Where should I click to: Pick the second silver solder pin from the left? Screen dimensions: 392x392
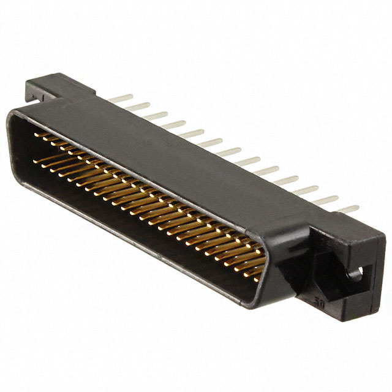(138, 106)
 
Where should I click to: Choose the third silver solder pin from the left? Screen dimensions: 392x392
(156, 115)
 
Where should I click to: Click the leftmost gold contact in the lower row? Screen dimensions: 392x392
(38, 160)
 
